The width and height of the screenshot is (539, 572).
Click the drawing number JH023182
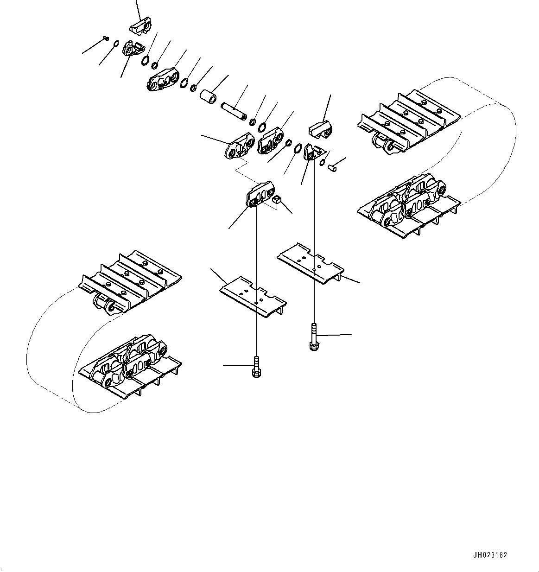pyautogui.click(x=490, y=555)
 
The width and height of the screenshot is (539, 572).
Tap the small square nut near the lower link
pyautogui.click(x=277, y=200)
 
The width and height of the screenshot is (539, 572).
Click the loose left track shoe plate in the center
pyautogui.click(x=253, y=297)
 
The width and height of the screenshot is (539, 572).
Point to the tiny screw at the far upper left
pyautogui.click(x=107, y=39)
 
